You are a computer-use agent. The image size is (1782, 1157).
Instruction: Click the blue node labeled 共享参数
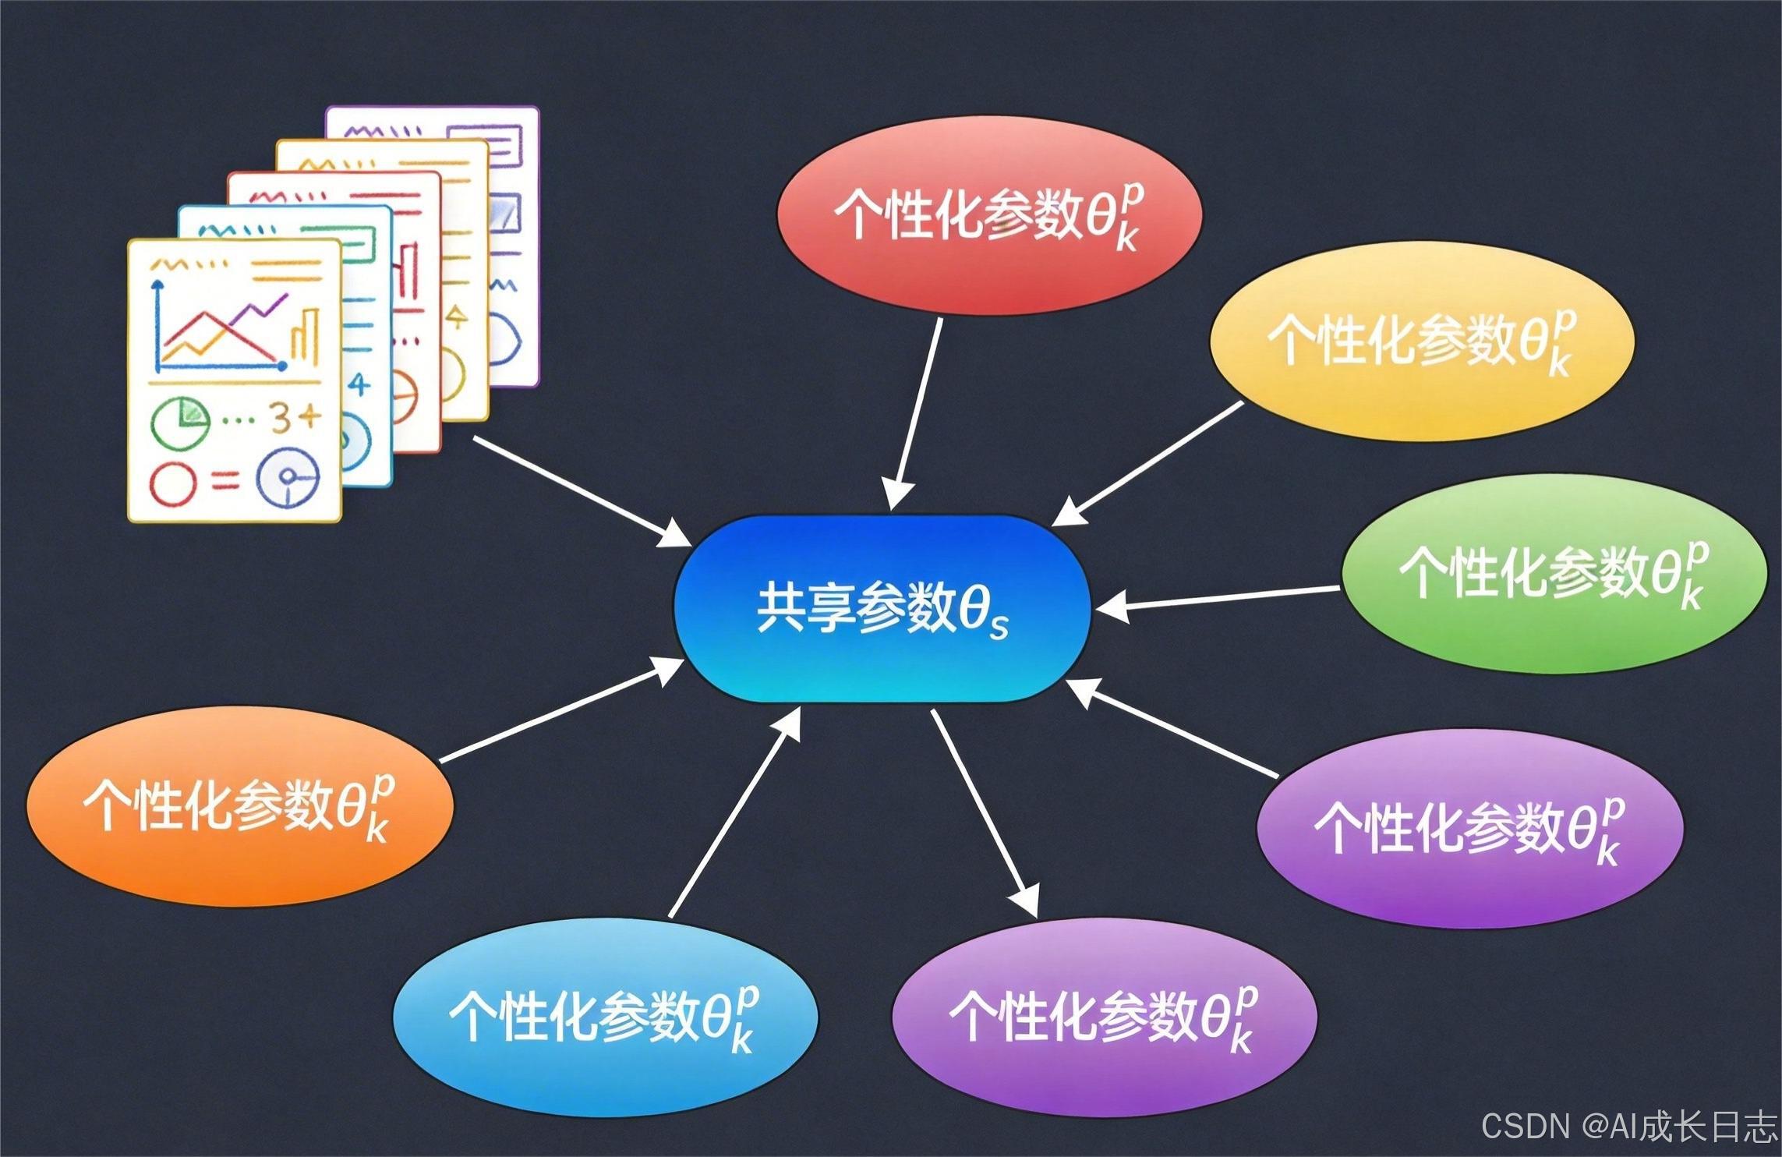tap(881, 609)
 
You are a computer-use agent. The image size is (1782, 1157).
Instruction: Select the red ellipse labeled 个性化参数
tap(988, 216)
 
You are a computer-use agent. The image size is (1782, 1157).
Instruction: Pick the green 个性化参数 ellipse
tap(1553, 574)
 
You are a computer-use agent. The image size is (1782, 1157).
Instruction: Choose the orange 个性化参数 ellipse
tap(239, 806)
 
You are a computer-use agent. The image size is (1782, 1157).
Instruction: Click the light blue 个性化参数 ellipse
tap(605, 1017)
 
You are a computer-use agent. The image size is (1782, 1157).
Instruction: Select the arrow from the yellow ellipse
tap(1146, 464)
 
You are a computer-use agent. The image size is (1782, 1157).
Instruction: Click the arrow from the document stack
tap(581, 491)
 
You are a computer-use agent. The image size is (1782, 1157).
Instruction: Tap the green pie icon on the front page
tap(180, 421)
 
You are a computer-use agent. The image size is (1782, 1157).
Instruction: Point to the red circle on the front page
tap(171, 483)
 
